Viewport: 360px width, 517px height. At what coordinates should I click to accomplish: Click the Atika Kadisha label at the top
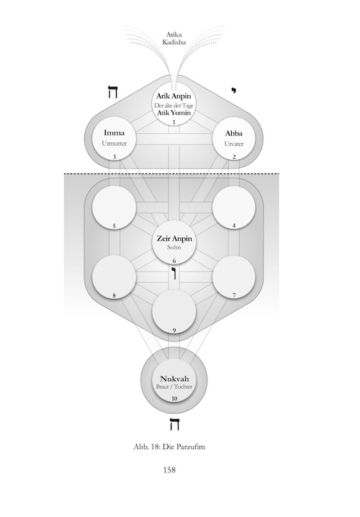[x=174, y=38]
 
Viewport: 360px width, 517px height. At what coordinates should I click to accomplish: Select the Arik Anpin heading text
[x=174, y=96]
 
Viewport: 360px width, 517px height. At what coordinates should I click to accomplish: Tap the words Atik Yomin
[x=174, y=113]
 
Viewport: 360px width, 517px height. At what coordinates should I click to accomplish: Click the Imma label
[x=114, y=133]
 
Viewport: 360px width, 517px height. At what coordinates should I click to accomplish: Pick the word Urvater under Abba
[x=234, y=144]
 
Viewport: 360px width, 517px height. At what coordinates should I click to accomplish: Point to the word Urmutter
[x=114, y=143]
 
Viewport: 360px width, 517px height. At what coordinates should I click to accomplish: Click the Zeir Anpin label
[x=174, y=238]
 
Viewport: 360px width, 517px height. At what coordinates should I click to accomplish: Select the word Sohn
[x=174, y=247]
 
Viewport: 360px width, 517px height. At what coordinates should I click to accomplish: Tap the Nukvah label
[x=174, y=379]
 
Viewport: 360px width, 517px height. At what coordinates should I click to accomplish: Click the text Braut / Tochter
[x=174, y=387]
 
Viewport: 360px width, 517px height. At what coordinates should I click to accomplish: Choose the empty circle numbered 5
[x=114, y=207]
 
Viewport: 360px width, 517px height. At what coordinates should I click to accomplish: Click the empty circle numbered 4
[x=234, y=207]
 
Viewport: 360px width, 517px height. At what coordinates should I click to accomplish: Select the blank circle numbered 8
[x=114, y=277]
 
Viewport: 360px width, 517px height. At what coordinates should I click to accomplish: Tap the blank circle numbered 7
[x=234, y=277]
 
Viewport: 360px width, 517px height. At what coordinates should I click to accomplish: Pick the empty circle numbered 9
[x=174, y=312]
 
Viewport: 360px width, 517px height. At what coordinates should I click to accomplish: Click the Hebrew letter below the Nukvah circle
[x=174, y=424]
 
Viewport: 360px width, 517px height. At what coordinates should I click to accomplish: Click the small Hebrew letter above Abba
[x=234, y=90]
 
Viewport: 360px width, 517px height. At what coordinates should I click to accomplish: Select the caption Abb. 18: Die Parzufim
[x=169, y=446]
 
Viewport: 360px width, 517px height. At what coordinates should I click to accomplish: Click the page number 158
[x=169, y=469]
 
